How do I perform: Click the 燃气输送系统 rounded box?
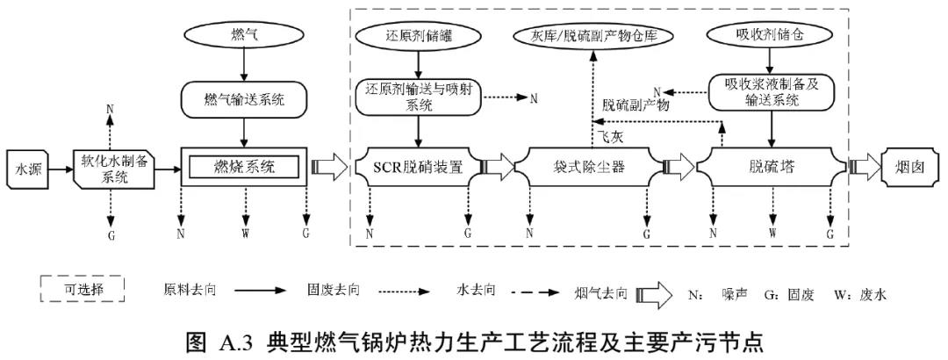[244, 100]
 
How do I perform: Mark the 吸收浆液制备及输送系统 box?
[771, 92]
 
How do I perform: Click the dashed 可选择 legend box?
[83, 289]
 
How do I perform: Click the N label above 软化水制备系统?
[110, 109]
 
